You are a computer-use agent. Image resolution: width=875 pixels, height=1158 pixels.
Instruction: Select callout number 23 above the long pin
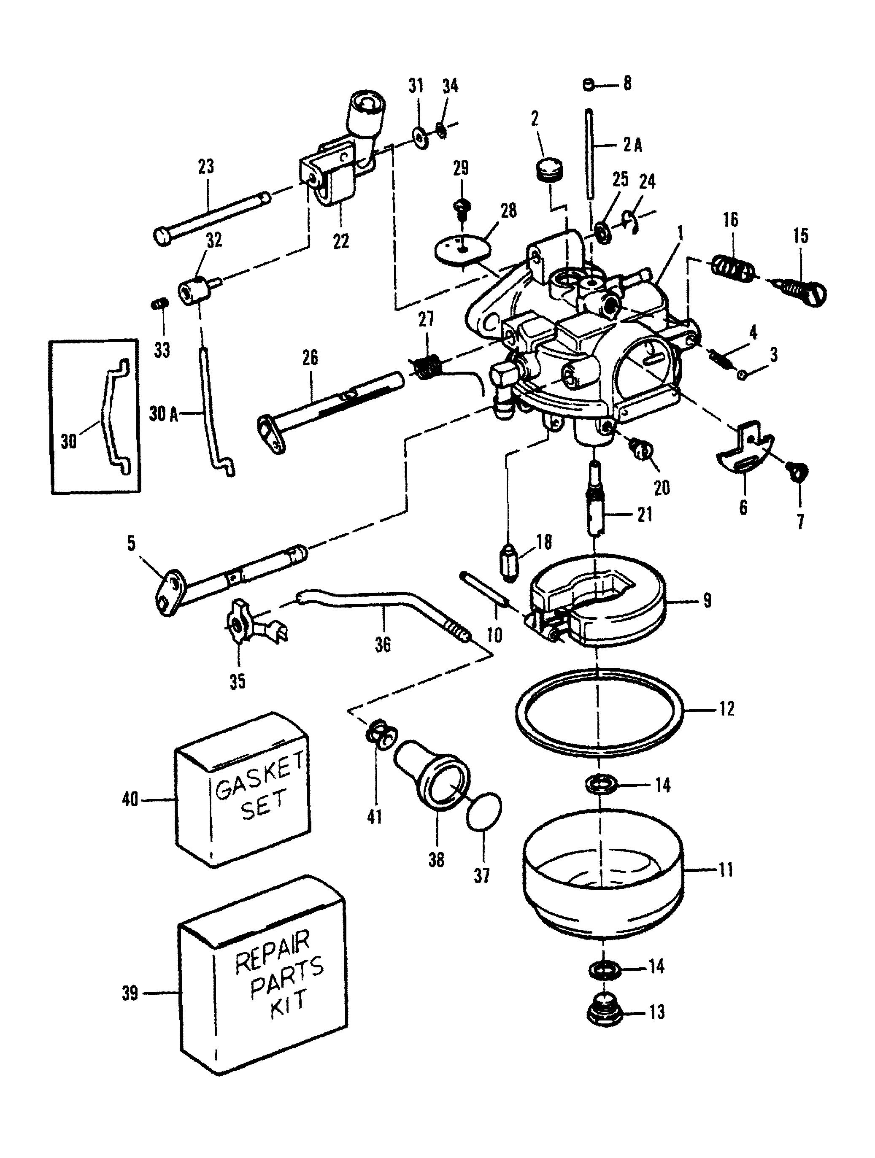click(x=206, y=167)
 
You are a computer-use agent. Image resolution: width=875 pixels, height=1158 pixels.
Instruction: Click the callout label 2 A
click(x=632, y=146)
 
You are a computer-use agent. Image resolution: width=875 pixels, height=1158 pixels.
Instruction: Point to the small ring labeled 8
click(x=588, y=84)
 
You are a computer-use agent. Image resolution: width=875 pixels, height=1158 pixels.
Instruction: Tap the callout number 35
click(x=237, y=682)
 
